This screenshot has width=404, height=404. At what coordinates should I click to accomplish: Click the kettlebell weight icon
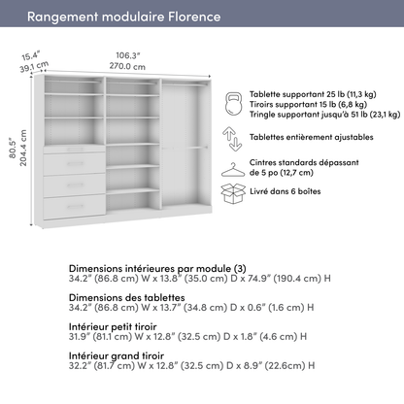(232, 102)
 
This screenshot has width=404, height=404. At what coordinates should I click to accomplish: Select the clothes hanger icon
(232, 168)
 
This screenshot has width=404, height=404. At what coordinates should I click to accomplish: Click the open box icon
(232, 193)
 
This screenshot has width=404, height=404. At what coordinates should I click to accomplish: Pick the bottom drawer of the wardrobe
(75, 206)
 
